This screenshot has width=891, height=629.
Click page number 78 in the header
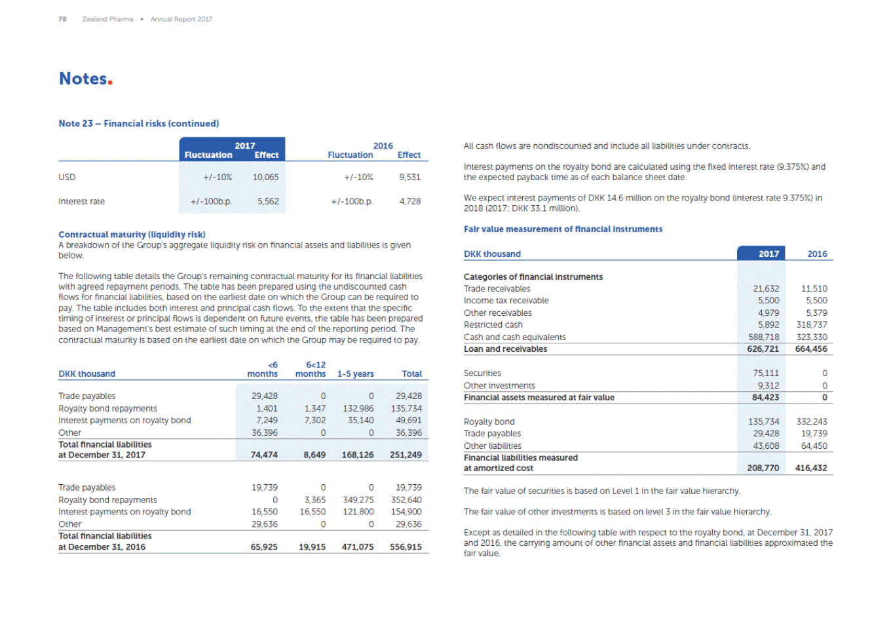click(x=62, y=19)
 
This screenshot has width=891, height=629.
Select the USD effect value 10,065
click(x=265, y=177)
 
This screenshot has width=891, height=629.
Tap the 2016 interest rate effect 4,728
click(x=409, y=201)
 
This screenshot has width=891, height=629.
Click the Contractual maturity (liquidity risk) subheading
click(x=132, y=235)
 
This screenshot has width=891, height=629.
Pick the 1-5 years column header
click(x=355, y=373)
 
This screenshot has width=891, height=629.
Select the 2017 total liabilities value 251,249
click(x=406, y=455)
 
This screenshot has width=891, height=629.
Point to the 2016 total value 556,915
click(x=406, y=547)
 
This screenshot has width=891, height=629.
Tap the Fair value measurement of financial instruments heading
click(x=563, y=229)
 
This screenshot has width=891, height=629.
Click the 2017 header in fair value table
click(x=768, y=254)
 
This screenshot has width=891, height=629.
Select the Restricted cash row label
click(x=493, y=325)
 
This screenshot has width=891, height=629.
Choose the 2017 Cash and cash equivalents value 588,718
click(x=763, y=337)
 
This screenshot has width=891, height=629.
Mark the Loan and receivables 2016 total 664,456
click(x=811, y=349)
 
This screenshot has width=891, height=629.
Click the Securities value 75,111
click(x=766, y=373)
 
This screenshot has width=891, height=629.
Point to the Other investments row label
click(x=499, y=386)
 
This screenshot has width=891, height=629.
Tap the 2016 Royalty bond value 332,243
click(x=811, y=422)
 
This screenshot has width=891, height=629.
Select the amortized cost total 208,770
click(x=763, y=468)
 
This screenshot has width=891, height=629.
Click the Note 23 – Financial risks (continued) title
click(x=139, y=123)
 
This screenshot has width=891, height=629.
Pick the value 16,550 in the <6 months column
click(x=264, y=512)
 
